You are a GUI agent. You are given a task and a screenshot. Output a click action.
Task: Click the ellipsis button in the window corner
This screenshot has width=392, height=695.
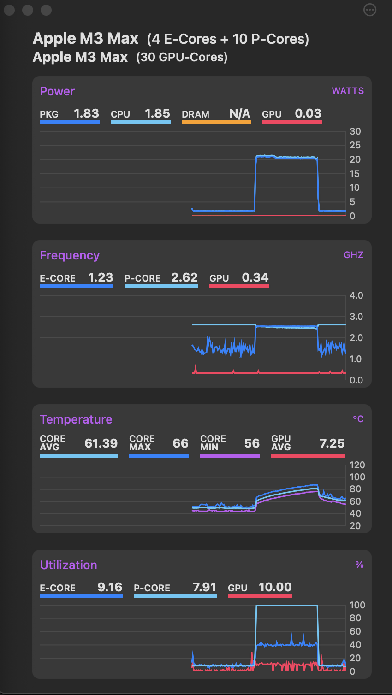[370, 10]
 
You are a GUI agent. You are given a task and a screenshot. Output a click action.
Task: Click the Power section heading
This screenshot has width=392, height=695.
[57, 91]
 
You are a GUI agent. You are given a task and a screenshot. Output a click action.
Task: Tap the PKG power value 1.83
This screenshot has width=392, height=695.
[86, 113]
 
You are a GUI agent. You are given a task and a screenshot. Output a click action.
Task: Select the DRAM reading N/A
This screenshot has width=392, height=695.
[240, 113]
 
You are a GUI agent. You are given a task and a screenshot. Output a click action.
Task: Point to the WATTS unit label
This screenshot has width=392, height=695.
[348, 91]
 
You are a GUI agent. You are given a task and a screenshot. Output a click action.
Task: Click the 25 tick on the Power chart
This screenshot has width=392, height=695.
[355, 145]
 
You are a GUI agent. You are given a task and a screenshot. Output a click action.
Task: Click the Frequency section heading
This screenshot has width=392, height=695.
[70, 255]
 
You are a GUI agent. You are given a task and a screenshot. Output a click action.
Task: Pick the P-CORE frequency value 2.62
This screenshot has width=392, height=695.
[184, 277]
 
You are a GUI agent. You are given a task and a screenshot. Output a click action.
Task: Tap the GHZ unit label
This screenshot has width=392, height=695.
[353, 255]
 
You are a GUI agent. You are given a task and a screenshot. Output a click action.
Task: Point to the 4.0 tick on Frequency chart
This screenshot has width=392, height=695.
[356, 295]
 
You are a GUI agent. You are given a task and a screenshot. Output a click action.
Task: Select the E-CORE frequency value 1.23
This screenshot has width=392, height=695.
[101, 277]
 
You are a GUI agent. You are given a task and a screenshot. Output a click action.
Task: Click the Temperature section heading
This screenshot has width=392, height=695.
[76, 419]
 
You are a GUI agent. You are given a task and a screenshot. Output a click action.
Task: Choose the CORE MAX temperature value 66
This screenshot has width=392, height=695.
[180, 443]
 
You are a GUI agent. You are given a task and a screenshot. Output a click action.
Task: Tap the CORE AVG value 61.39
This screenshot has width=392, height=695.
[101, 443]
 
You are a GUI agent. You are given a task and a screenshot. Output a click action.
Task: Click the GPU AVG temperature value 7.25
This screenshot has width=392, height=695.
[332, 443]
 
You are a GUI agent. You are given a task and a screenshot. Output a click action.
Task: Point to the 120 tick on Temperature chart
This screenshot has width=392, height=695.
[357, 465]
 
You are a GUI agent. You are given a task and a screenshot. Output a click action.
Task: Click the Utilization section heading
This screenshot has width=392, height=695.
[68, 565]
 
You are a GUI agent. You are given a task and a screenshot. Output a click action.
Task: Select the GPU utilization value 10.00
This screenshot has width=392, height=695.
[275, 587]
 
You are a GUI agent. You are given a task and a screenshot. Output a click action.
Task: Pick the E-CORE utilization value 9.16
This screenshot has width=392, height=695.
[110, 587]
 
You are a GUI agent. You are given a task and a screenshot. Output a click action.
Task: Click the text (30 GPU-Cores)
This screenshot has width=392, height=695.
[182, 57]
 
